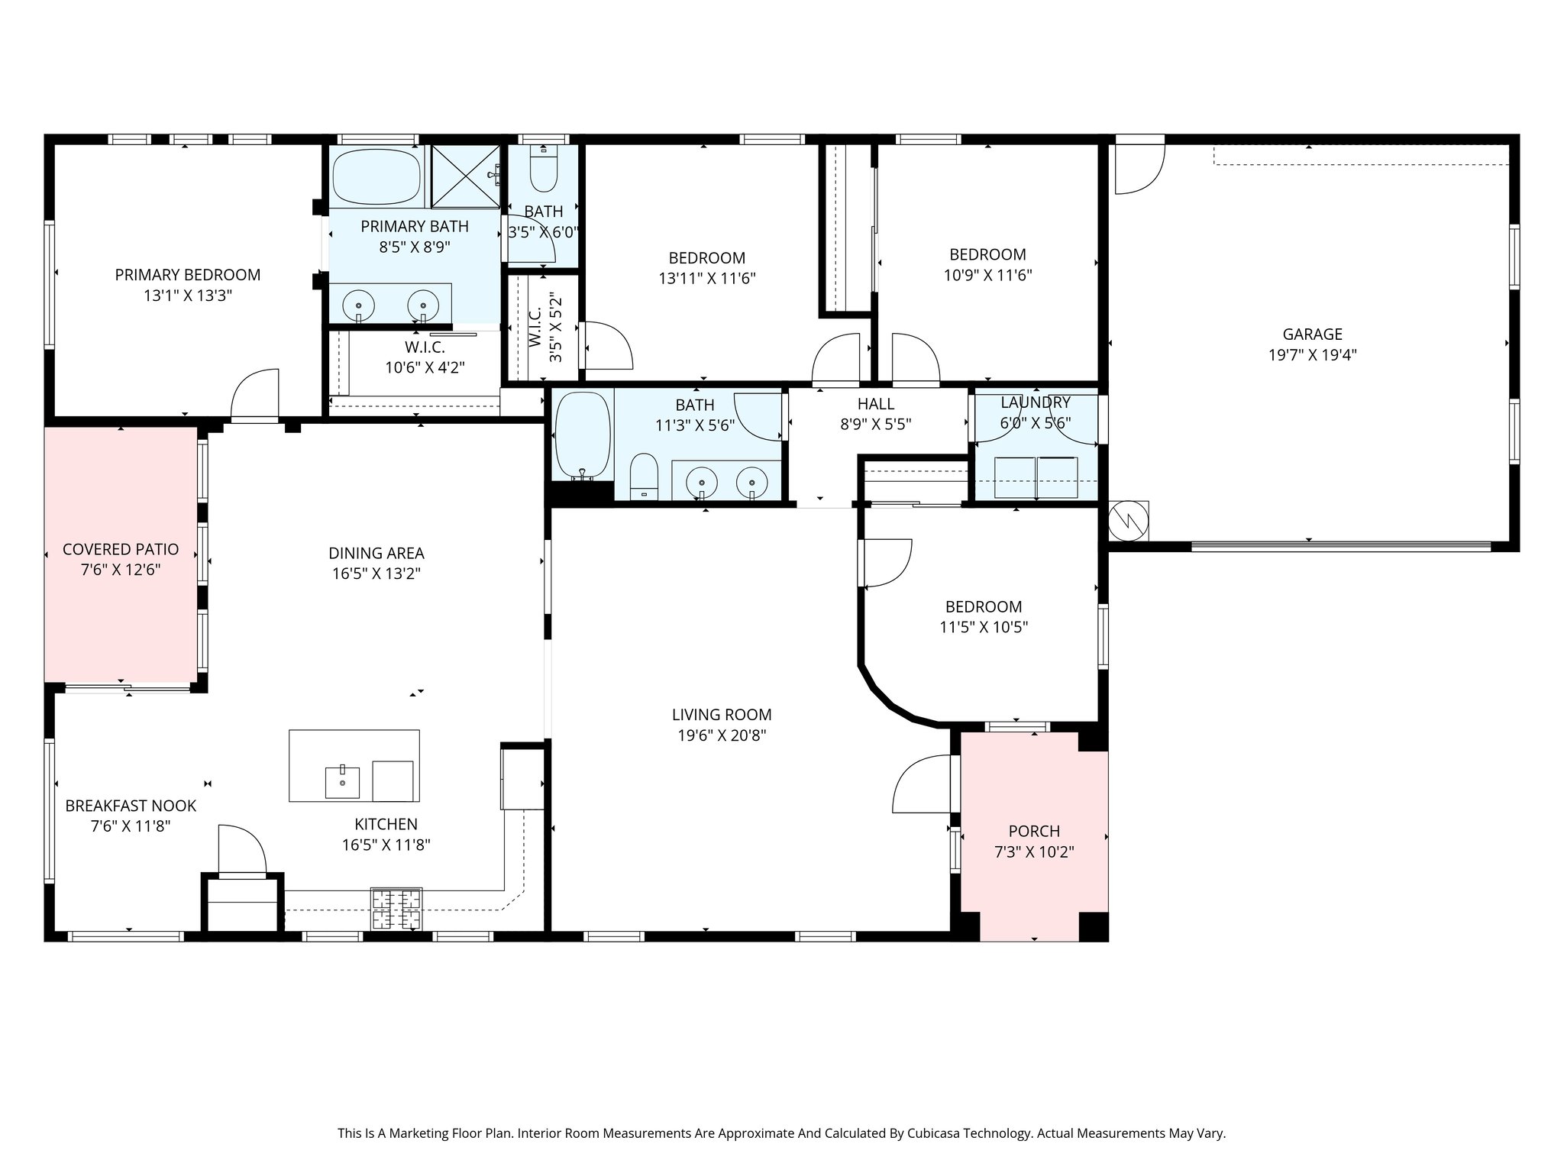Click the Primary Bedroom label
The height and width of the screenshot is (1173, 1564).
coord(188,275)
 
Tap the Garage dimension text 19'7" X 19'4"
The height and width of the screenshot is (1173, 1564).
coord(1312,355)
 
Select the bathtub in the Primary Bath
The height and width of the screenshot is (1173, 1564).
coord(378,176)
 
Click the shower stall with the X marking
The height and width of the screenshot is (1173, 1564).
coord(466,176)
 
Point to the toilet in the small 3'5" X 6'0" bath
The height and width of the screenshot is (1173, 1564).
coord(544,170)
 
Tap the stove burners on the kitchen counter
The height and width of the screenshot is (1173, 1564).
coord(396,908)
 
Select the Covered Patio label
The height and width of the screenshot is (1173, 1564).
coord(121,549)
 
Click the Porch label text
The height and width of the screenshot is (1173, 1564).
coord(1034,831)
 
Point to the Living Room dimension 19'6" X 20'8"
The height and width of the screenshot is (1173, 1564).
coord(722,735)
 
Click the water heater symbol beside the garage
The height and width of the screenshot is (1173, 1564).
coord(1129,521)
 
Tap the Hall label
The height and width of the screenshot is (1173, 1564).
coord(875,404)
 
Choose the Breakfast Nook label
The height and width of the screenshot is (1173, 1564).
coord(131,806)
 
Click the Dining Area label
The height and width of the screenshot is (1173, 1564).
coord(376,553)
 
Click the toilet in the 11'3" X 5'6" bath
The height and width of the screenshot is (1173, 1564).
coord(645,477)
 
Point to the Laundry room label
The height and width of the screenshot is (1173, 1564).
coord(1036,402)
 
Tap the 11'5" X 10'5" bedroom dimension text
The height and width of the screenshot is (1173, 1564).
coord(984,628)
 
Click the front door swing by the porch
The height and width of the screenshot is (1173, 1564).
coord(924,784)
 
